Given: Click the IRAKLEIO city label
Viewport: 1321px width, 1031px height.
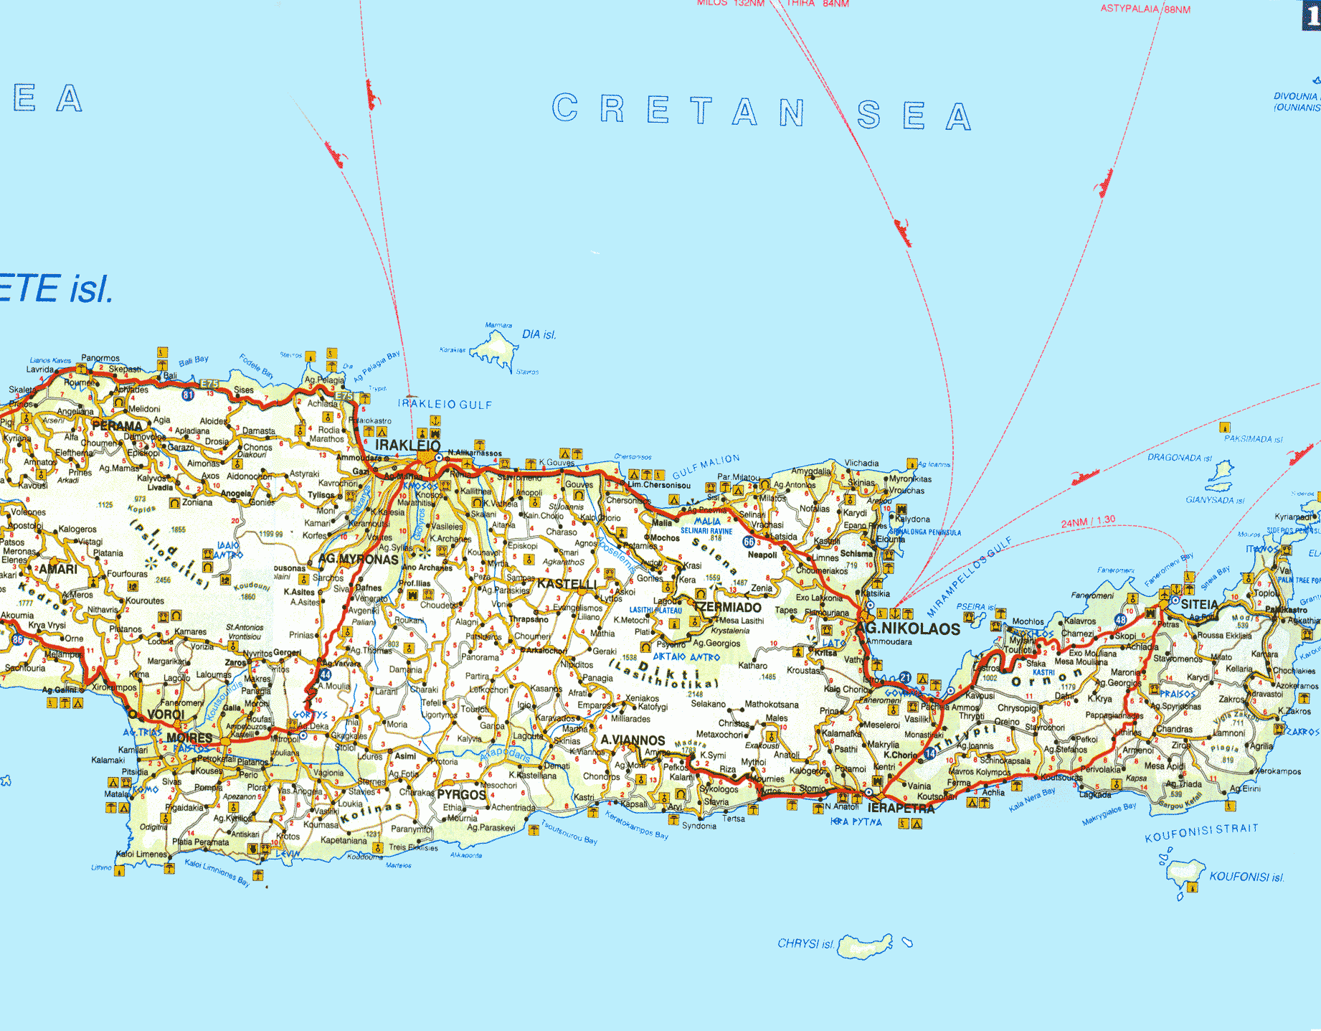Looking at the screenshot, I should pos(407,446).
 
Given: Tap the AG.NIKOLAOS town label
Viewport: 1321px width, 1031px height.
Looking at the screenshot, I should pos(908,629).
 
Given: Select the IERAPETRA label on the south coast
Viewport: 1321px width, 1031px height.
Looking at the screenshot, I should pos(901,809).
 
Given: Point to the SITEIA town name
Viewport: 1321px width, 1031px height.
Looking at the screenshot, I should pos(1199,605).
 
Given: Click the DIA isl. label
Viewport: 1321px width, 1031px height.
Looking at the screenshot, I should pos(539,334).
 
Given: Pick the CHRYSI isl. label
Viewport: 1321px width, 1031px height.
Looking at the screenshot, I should pos(805,943).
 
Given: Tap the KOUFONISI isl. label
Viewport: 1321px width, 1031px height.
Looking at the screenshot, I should pos(1246,877).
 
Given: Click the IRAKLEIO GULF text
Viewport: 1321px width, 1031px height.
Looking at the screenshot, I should pos(445,405).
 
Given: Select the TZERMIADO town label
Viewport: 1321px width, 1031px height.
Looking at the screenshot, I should pos(727,608).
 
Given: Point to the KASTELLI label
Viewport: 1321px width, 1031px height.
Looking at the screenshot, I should pos(567,584).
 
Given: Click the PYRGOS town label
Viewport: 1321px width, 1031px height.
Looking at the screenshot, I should pos(462,795).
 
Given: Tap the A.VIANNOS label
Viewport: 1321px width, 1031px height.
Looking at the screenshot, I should pos(633,740).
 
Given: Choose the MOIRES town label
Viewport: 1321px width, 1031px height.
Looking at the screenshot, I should pos(189,738).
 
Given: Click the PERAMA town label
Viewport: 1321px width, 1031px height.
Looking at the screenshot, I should pos(117,425).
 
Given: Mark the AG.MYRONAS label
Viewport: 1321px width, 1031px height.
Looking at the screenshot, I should pos(358,559).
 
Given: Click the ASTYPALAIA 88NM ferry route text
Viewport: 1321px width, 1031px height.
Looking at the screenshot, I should pos(1145,9).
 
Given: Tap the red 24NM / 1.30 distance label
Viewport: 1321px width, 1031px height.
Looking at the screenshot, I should pos(1088,522).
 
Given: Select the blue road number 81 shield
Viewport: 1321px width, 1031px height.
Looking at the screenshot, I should pos(188,395).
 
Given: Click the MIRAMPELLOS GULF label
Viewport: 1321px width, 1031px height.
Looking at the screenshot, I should pos(969,577).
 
